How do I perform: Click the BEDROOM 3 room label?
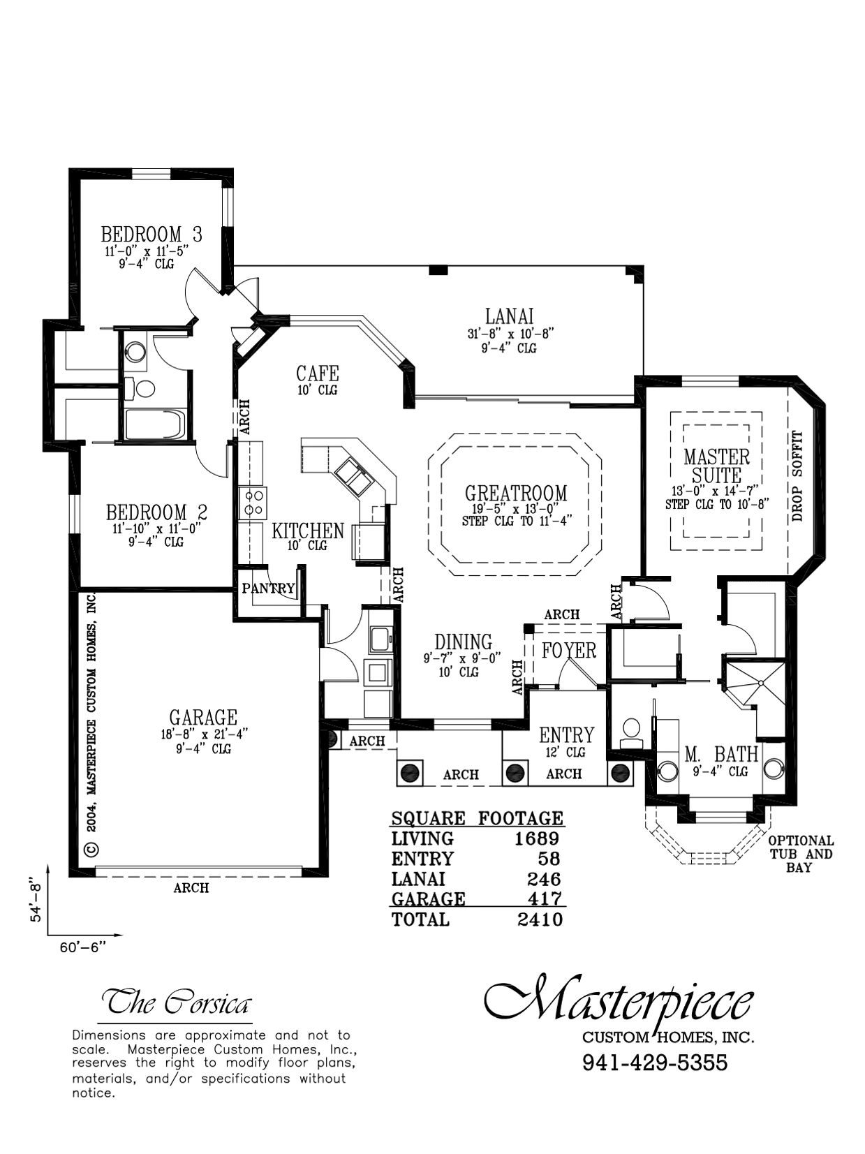pos(151,233)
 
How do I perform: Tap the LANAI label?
pos(509,316)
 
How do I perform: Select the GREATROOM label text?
pos(516,493)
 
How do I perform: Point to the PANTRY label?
pos(267,589)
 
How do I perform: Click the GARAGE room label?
pos(203,717)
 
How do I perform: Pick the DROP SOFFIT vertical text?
pos(798,476)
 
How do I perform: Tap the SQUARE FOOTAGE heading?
pos(477,818)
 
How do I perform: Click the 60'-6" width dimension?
pos(83,947)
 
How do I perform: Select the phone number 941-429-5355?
pos(655,1063)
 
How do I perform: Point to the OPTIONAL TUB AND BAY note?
pos(800,855)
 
